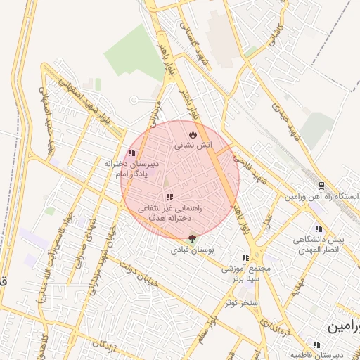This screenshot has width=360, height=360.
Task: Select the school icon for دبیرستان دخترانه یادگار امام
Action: point(131,153)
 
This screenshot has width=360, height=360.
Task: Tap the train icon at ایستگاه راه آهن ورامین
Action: point(321,186)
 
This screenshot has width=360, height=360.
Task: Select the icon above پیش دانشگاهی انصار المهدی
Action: point(319,229)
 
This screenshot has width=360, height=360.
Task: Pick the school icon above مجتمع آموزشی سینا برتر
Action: point(245,258)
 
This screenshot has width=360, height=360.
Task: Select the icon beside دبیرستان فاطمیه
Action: point(316,345)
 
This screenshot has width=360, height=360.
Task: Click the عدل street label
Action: point(268,224)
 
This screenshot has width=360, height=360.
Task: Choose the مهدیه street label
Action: point(299,286)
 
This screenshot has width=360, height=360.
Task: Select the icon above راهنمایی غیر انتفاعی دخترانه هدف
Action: point(168,197)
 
